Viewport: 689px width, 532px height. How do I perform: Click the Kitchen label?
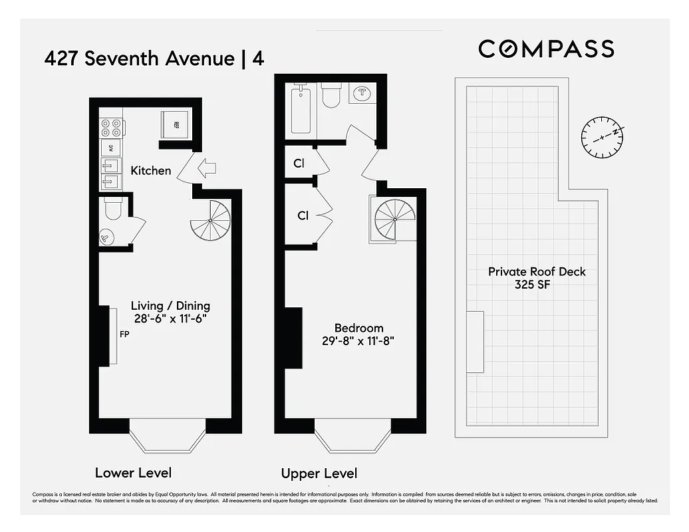[x=150, y=171]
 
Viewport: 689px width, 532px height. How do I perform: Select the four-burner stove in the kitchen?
[x=111, y=126]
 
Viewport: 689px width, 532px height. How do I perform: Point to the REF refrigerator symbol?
[x=175, y=124]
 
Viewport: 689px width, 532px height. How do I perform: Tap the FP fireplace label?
[x=124, y=334]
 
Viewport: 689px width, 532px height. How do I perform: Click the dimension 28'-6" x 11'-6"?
[x=170, y=319]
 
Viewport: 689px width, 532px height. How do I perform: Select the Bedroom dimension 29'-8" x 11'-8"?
[x=358, y=341]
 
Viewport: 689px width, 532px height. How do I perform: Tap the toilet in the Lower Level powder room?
[x=112, y=209]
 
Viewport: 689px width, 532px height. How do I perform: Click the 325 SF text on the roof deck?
[x=537, y=285]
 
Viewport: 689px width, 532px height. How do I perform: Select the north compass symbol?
[x=602, y=137]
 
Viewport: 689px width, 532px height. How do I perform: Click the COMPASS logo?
[x=546, y=49]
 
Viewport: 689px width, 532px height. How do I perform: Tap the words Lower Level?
[x=133, y=473]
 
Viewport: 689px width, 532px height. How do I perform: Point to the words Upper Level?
[x=319, y=473]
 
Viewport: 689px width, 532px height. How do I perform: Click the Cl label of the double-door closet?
[x=303, y=215]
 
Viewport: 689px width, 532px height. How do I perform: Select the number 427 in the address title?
[x=62, y=59]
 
